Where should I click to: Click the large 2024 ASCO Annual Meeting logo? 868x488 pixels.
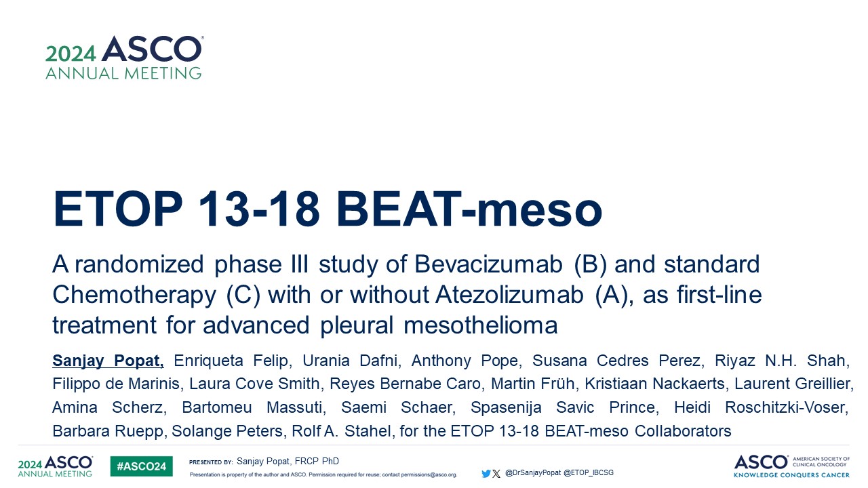tap(124, 58)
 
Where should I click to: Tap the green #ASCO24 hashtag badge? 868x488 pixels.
tap(142, 466)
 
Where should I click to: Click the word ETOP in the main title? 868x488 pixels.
tap(118, 209)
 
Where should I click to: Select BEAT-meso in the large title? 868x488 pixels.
tap(469, 209)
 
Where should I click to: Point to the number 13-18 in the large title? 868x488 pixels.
tap(259, 209)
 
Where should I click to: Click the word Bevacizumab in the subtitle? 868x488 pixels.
tap(488, 264)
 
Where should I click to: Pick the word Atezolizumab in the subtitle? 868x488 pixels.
tap(509, 294)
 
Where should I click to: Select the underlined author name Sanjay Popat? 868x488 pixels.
tap(108, 361)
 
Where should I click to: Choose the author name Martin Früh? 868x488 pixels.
tap(533, 384)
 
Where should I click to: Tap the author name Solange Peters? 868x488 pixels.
tap(226, 431)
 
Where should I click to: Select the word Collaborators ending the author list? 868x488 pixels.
tap(683, 431)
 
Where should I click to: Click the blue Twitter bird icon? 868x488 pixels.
tap(486, 473)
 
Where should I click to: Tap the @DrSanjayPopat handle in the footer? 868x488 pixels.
tap(533, 473)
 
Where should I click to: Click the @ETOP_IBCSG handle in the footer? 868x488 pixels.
tap(589, 473)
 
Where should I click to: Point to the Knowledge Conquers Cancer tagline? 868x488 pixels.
tap(791, 475)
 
